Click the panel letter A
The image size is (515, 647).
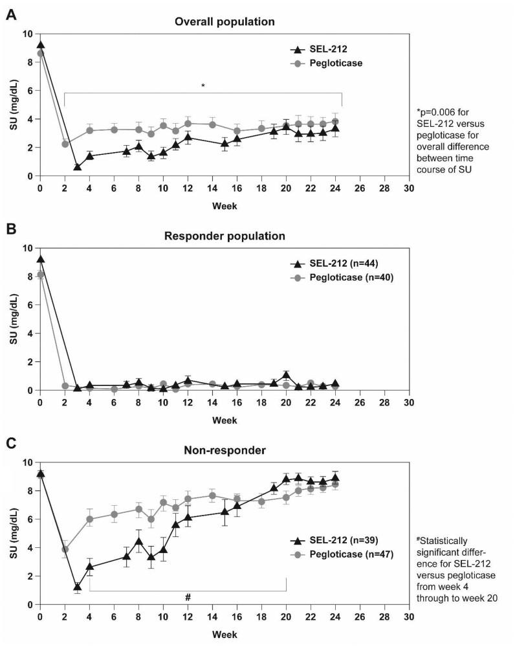(11, 14)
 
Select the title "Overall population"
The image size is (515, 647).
(225, 21)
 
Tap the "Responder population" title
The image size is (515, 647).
(225, 236)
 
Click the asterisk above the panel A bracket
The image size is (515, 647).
(203, 85)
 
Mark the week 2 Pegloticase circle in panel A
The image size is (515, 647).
(65, 144)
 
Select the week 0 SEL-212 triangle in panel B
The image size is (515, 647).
(41, 260)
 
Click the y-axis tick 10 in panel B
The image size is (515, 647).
(28, 248)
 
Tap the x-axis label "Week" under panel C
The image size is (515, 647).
(225, 633)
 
